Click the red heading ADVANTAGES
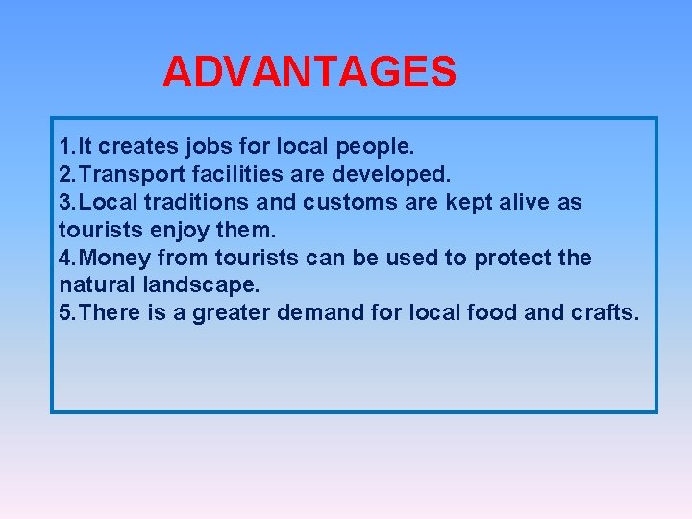309,72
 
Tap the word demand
328,313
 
